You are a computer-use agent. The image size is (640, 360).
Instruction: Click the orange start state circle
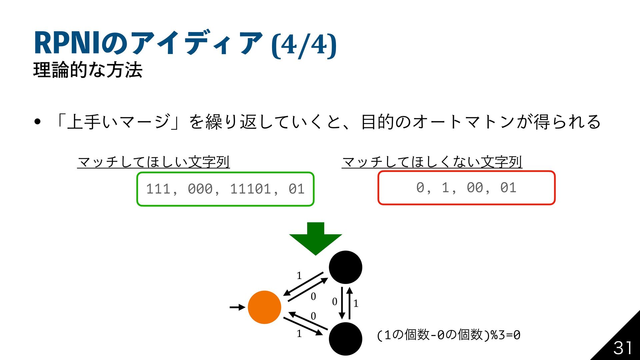click(x=264, y=307)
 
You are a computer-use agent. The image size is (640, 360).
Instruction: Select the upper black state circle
click(x=345, y=267)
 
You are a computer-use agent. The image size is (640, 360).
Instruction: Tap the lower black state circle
click(x=345, y=338)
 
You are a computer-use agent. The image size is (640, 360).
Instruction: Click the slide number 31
click(x=622, y=348)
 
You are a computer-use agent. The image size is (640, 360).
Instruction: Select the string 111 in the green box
click(x=158, y=189)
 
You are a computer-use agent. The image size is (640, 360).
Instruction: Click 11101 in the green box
click(x=250, y=189)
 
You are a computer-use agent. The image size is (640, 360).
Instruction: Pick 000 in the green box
click(x=200, y=189)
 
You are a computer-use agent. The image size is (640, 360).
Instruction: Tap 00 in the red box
click(x=475, y=188)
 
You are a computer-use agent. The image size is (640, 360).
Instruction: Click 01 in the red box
click(x=508, y=188)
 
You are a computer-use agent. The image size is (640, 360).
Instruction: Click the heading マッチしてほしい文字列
click(x=153, y=162)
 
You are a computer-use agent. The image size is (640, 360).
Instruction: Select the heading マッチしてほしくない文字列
click(x=432, y=162)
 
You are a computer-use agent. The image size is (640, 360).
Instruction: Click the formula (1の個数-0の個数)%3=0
click(x=449, y=335)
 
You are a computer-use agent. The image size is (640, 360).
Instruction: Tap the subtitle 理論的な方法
click(x=88, y=70)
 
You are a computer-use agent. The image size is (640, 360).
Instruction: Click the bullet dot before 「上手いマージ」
click(x=37, y=122)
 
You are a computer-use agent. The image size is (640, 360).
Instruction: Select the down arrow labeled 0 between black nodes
click(x=342, y=303)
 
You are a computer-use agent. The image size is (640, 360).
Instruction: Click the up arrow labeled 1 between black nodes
click(x=349, y=303)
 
